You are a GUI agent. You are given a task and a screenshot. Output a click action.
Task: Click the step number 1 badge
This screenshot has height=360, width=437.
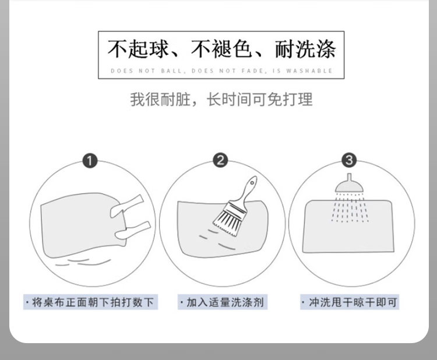tap(90, 161)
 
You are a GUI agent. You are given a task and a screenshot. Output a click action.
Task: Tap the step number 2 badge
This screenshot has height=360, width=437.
tap(220, 160)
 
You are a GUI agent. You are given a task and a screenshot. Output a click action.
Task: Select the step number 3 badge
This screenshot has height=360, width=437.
tap(349, 160)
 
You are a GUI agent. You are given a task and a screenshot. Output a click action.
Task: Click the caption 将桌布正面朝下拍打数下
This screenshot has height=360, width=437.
tap(90, 302)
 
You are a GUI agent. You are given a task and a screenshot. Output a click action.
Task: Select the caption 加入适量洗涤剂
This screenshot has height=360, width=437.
tap(223, 302)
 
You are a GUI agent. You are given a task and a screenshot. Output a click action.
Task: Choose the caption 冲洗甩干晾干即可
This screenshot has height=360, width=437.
tap(350, 302)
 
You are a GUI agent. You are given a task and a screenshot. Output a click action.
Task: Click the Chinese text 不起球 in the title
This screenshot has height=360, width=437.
tap(138, 49)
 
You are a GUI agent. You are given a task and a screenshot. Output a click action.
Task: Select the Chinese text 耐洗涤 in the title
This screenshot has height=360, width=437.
tap(305, 49)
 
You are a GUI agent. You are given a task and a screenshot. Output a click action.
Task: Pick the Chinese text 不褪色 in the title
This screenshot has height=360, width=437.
tap(221, 49)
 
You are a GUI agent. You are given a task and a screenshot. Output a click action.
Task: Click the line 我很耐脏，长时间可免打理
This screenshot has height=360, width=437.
tap(221, 100)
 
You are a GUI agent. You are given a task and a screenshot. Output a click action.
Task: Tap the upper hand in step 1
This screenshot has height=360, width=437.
tap(127, 206)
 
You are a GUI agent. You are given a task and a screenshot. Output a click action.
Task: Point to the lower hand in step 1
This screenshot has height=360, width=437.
tap(133, 231)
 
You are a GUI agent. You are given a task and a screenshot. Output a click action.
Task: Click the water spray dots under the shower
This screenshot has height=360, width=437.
tap(350, 208)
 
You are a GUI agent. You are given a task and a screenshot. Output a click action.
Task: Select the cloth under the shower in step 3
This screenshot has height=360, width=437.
tap(348, 226)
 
